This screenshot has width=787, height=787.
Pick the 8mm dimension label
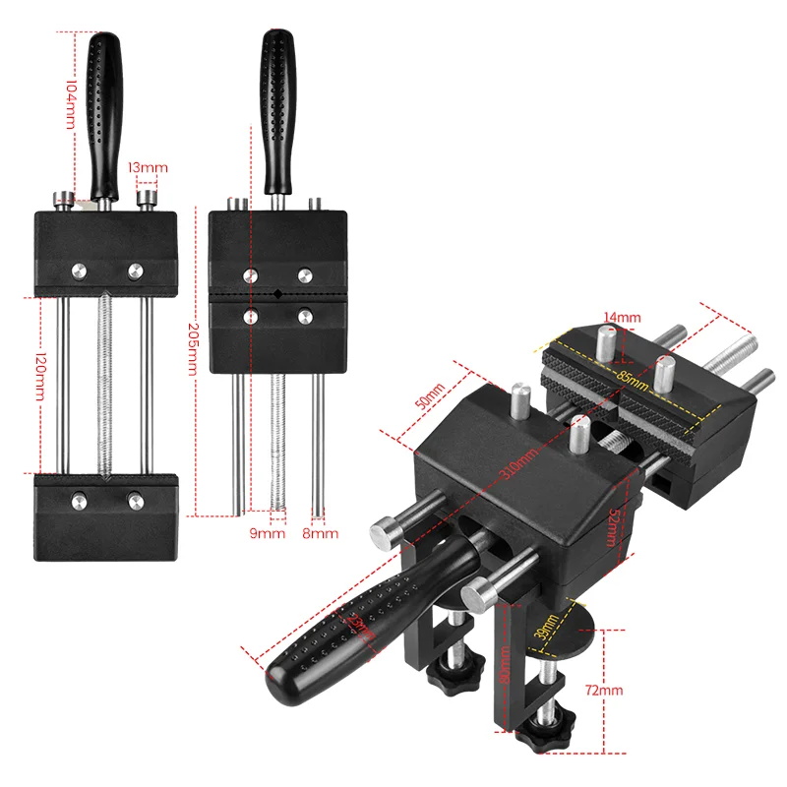tap(322, 533)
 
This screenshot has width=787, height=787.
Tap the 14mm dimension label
tap(623, 317)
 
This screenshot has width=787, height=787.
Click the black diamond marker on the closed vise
tap(278, 293)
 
